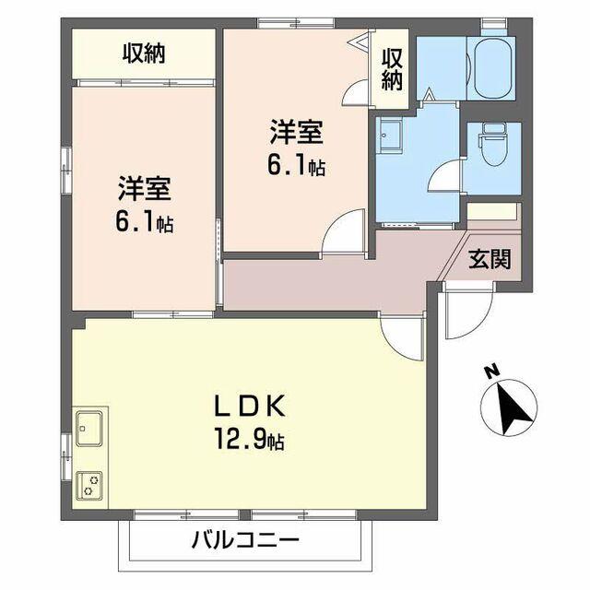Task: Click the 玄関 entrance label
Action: pyautogui.click(x=490, y=259)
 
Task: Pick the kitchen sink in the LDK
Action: pyautogui.click(x=89, y=429)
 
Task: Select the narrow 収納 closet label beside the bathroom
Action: pyautogui.click(x=393, y=68)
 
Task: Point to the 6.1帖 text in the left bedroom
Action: pyautogui.click(x=144, y=223)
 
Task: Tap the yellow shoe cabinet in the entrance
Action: pyautogui.click(x=493, y=211)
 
